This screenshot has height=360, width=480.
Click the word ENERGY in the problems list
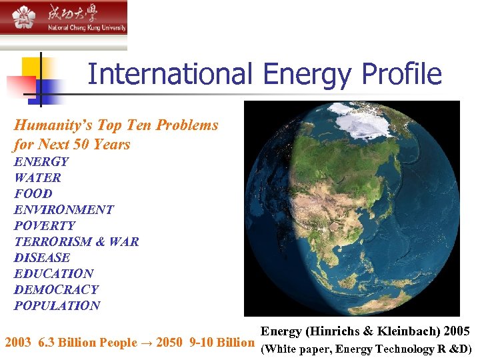click(41, 162)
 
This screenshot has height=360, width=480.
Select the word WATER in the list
click(37, 178)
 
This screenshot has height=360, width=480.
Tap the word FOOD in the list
click(33, 194)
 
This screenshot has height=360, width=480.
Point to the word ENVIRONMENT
click(64, 210)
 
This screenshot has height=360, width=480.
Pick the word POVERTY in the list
click(45, 226)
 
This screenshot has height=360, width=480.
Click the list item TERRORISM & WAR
click(77, 242)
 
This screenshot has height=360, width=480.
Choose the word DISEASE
click(42, 258)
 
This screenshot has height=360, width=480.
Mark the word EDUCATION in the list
click(54, 274)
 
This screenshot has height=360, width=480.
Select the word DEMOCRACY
click(56, 290)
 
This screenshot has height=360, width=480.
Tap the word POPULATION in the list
click(57, 306)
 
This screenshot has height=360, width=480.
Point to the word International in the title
click(170, 74)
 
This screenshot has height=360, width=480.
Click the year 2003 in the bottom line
click(19, 343)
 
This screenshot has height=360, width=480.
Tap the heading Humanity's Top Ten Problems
click(116, 125)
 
